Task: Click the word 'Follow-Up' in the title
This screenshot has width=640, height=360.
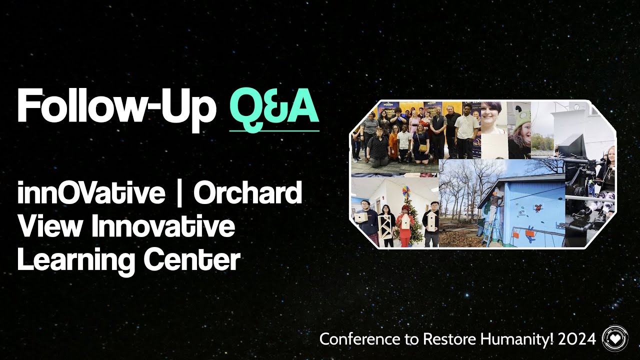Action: (116, 106)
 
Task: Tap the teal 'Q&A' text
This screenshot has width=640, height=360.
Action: (274, 106)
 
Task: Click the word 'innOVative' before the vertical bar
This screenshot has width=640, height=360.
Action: (91, 193)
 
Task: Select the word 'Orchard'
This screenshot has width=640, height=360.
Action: (247, 193)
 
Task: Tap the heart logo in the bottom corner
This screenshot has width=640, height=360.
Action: (614, 338)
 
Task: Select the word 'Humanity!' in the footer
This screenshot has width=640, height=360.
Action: (517, 339)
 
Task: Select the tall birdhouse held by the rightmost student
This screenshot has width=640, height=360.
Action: (430, 220)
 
